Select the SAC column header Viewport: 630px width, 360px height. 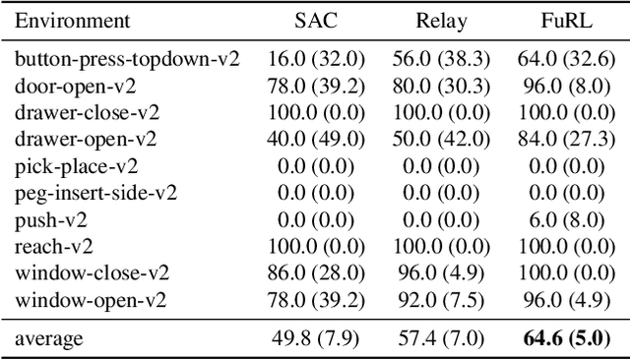[x=315, y=21]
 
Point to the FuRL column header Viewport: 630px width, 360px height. [x=561, y=21]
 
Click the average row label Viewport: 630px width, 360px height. [x=48, y=339]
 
